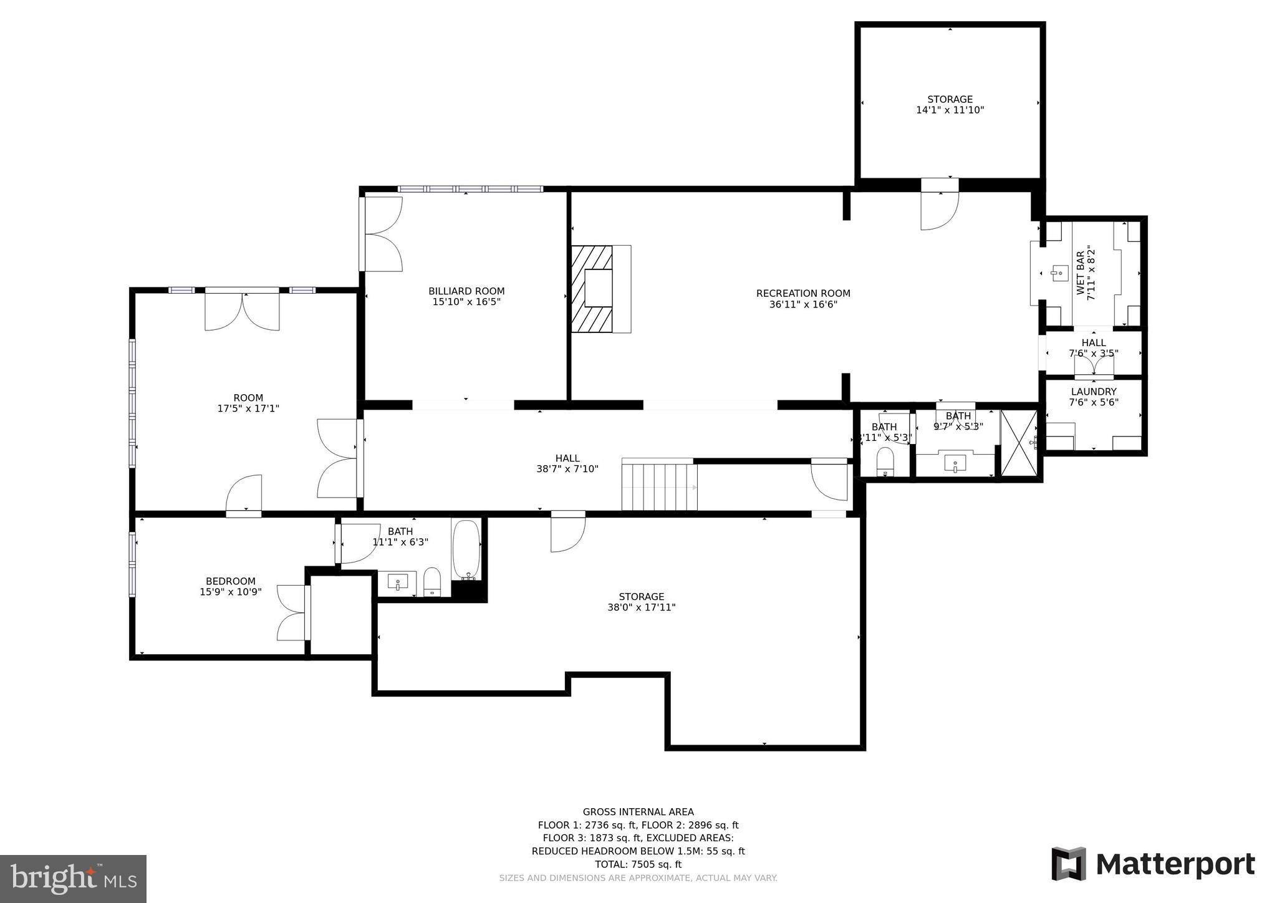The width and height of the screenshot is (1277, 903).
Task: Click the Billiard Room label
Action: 466,291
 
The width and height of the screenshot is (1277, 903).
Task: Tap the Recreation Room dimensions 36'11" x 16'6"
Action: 803,304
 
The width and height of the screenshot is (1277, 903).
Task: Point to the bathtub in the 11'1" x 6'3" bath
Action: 466,549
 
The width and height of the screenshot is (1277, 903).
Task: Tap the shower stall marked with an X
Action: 1018,443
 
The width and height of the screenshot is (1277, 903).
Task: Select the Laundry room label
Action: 1093,392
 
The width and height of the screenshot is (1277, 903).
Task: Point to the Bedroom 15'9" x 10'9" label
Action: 231,586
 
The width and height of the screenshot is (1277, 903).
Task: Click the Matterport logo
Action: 1153,864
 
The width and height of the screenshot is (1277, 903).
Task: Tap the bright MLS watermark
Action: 73,879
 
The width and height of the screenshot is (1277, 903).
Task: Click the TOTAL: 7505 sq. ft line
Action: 638,864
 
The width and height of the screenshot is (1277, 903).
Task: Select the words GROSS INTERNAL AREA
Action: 638,812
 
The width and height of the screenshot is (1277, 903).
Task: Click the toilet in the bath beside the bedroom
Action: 432,581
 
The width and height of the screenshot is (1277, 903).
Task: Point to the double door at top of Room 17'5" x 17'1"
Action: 242,310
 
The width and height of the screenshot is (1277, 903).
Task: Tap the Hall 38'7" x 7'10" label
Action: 567,463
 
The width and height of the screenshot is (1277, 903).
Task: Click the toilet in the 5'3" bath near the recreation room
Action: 884,461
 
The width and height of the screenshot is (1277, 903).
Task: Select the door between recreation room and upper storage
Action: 939,209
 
